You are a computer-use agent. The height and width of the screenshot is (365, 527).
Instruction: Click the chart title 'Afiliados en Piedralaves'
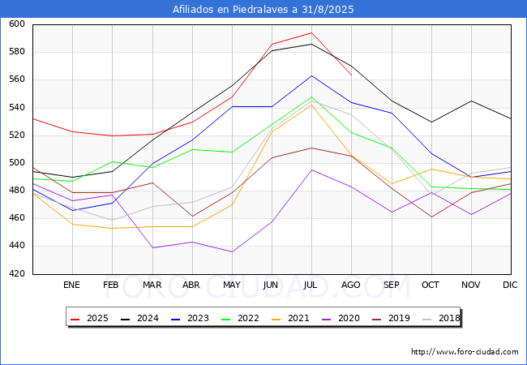(263, 10)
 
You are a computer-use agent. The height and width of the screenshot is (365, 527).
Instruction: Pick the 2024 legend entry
(144, 319)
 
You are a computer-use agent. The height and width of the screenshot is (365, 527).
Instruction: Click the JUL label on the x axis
(311, 286)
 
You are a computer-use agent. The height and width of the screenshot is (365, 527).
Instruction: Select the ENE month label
(72, 286)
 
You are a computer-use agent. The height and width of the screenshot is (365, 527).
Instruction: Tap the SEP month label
(391, 286)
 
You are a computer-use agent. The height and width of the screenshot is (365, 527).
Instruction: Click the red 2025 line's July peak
(311, 33)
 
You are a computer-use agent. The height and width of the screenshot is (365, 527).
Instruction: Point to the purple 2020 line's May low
(232, 251)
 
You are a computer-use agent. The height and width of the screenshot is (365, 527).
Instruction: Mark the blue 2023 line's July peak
(311, 75)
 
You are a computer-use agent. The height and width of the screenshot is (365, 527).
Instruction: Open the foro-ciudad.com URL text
(465, 352)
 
